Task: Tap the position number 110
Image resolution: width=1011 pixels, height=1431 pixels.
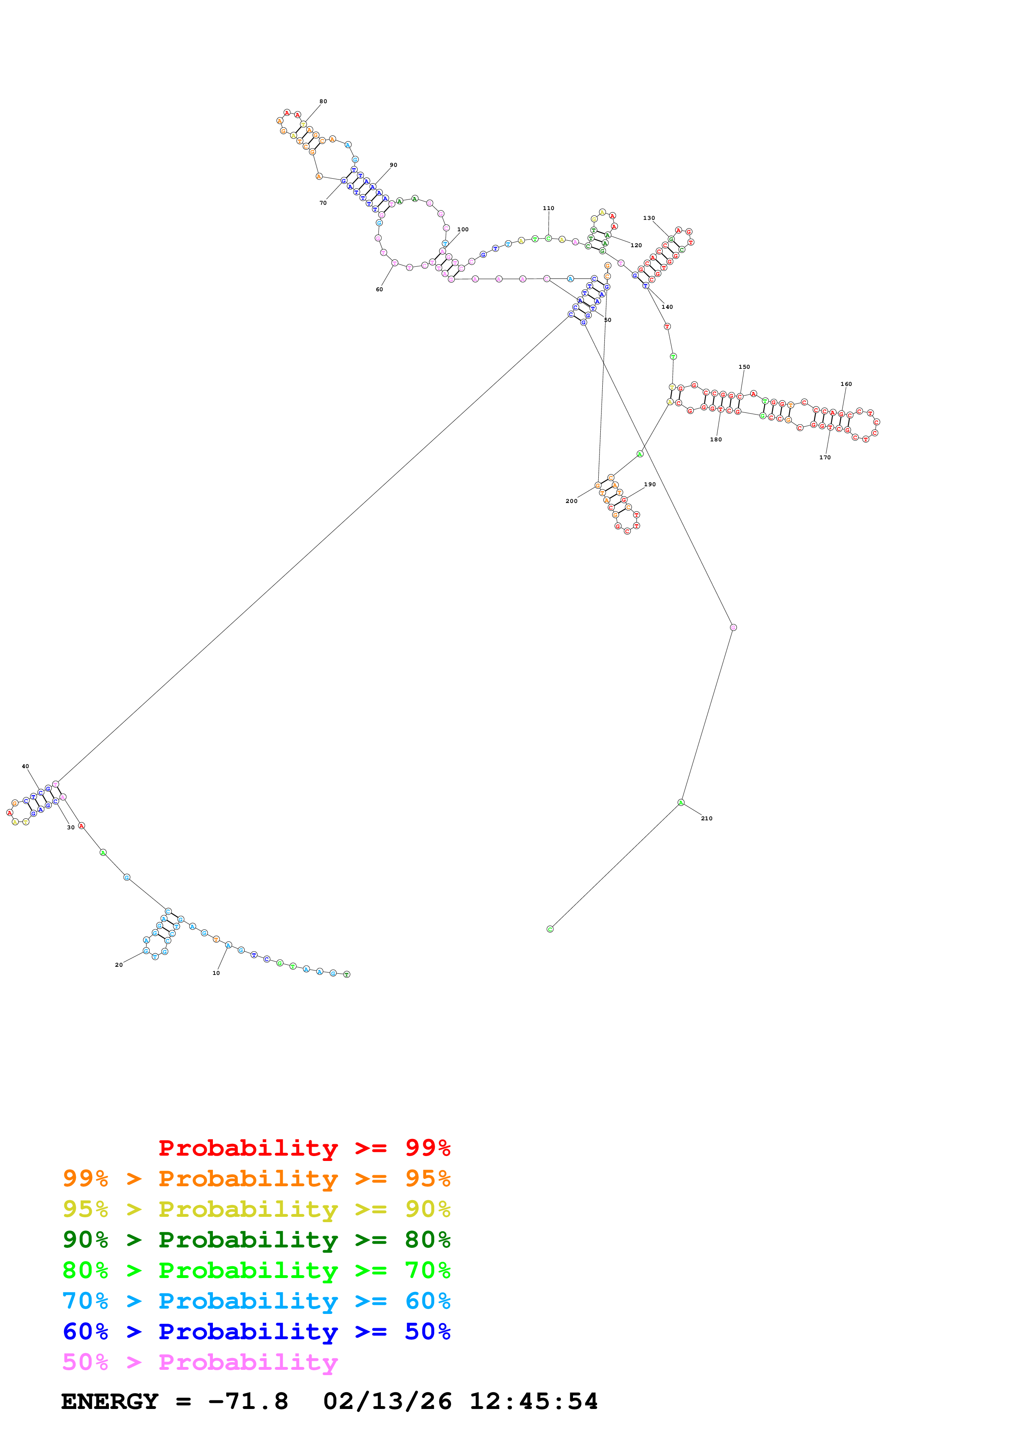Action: [548, 208]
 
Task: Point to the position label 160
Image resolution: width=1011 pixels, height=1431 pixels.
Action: [846, 384]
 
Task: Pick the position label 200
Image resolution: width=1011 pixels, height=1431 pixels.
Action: [571, 501]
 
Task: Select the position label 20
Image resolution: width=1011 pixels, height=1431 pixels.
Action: [119, 965]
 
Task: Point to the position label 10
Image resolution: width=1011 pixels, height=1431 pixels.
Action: [216, 973]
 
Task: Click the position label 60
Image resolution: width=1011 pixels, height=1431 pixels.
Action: [379, 289]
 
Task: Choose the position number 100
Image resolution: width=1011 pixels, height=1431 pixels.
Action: [463, 229]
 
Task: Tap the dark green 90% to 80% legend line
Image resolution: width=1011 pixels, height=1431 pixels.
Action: [256, 1240]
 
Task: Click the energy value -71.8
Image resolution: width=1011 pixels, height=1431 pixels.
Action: [248, 1402]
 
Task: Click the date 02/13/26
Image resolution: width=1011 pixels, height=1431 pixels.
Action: [387, 1402]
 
